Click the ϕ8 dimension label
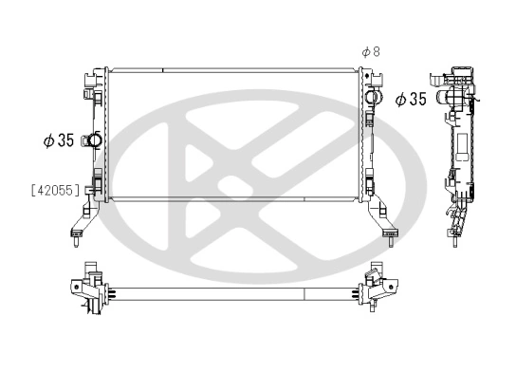371,51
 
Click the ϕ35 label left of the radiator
59,140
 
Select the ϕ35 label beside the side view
411,99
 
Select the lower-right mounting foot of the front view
383,228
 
